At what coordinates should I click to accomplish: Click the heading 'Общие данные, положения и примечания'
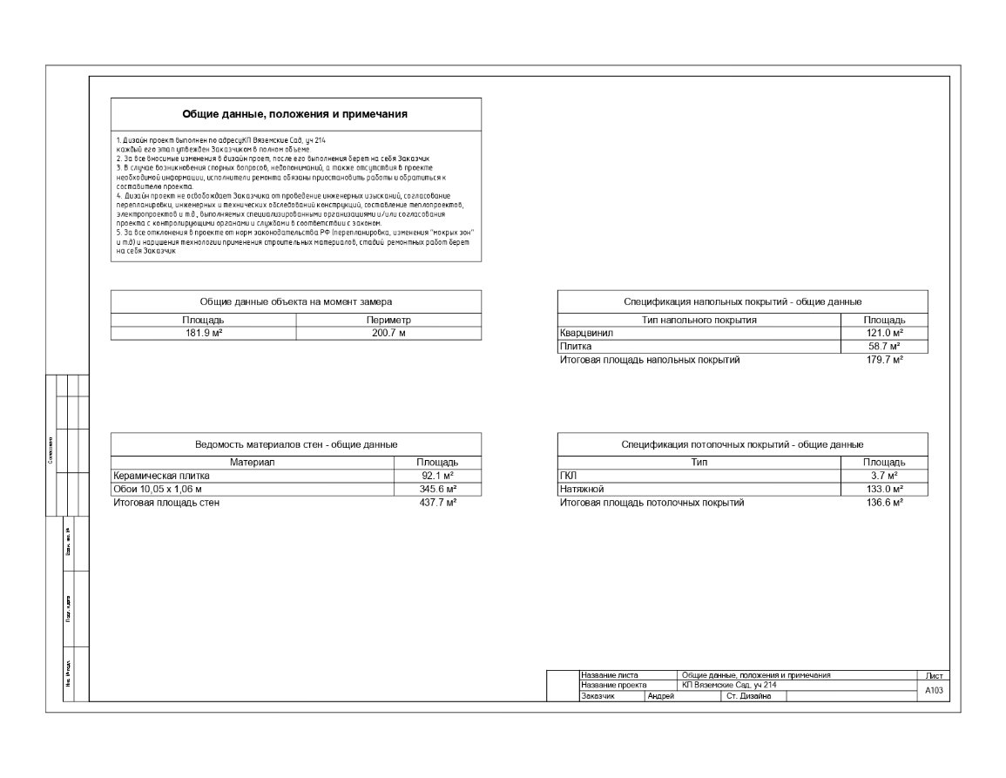point(295,114)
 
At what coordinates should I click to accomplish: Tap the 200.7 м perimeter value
point(388,333)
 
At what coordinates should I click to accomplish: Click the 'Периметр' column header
point(388,321)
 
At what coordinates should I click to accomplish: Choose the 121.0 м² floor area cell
point(884,333)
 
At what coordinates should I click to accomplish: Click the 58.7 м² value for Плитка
point(884,347)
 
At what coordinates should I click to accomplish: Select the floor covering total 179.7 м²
point(884,360)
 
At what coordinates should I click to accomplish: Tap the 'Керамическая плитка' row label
point(162,476)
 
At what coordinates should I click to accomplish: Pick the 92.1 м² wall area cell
point(438,476)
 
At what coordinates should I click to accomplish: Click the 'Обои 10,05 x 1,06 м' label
point(158,490)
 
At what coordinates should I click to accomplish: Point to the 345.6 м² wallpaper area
point(438,490)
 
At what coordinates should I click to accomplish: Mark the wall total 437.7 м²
point(438,503)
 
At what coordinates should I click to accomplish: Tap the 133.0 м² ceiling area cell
point(884,490)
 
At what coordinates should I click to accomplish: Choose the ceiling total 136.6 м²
point(884,503)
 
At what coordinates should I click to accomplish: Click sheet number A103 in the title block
point(933,690)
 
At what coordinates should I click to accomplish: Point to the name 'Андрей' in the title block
point(661,696)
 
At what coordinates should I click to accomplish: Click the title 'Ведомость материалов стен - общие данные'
point(296,445)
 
